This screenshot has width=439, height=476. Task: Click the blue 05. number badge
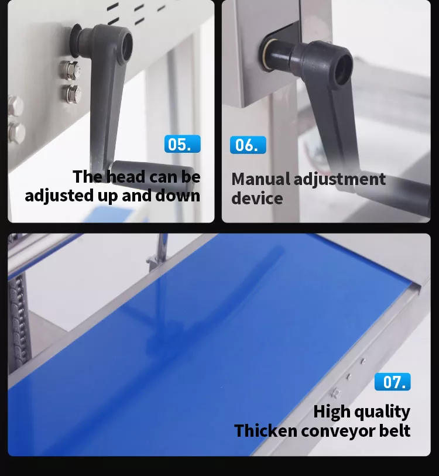point(183,144)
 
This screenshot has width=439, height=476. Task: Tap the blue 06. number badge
point(248,145)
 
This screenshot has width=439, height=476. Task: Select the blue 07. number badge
point(393,382)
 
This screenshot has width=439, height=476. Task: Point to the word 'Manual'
point(260,179)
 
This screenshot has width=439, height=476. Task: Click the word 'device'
point(257,198)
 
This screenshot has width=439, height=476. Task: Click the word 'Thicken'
point(265,430)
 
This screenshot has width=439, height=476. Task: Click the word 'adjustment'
point(339,179)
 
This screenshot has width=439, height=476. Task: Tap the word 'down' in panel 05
point(177,196)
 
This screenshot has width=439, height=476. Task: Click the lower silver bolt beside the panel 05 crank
point(72,93)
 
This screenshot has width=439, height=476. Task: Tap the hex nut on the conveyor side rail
point(335,393)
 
